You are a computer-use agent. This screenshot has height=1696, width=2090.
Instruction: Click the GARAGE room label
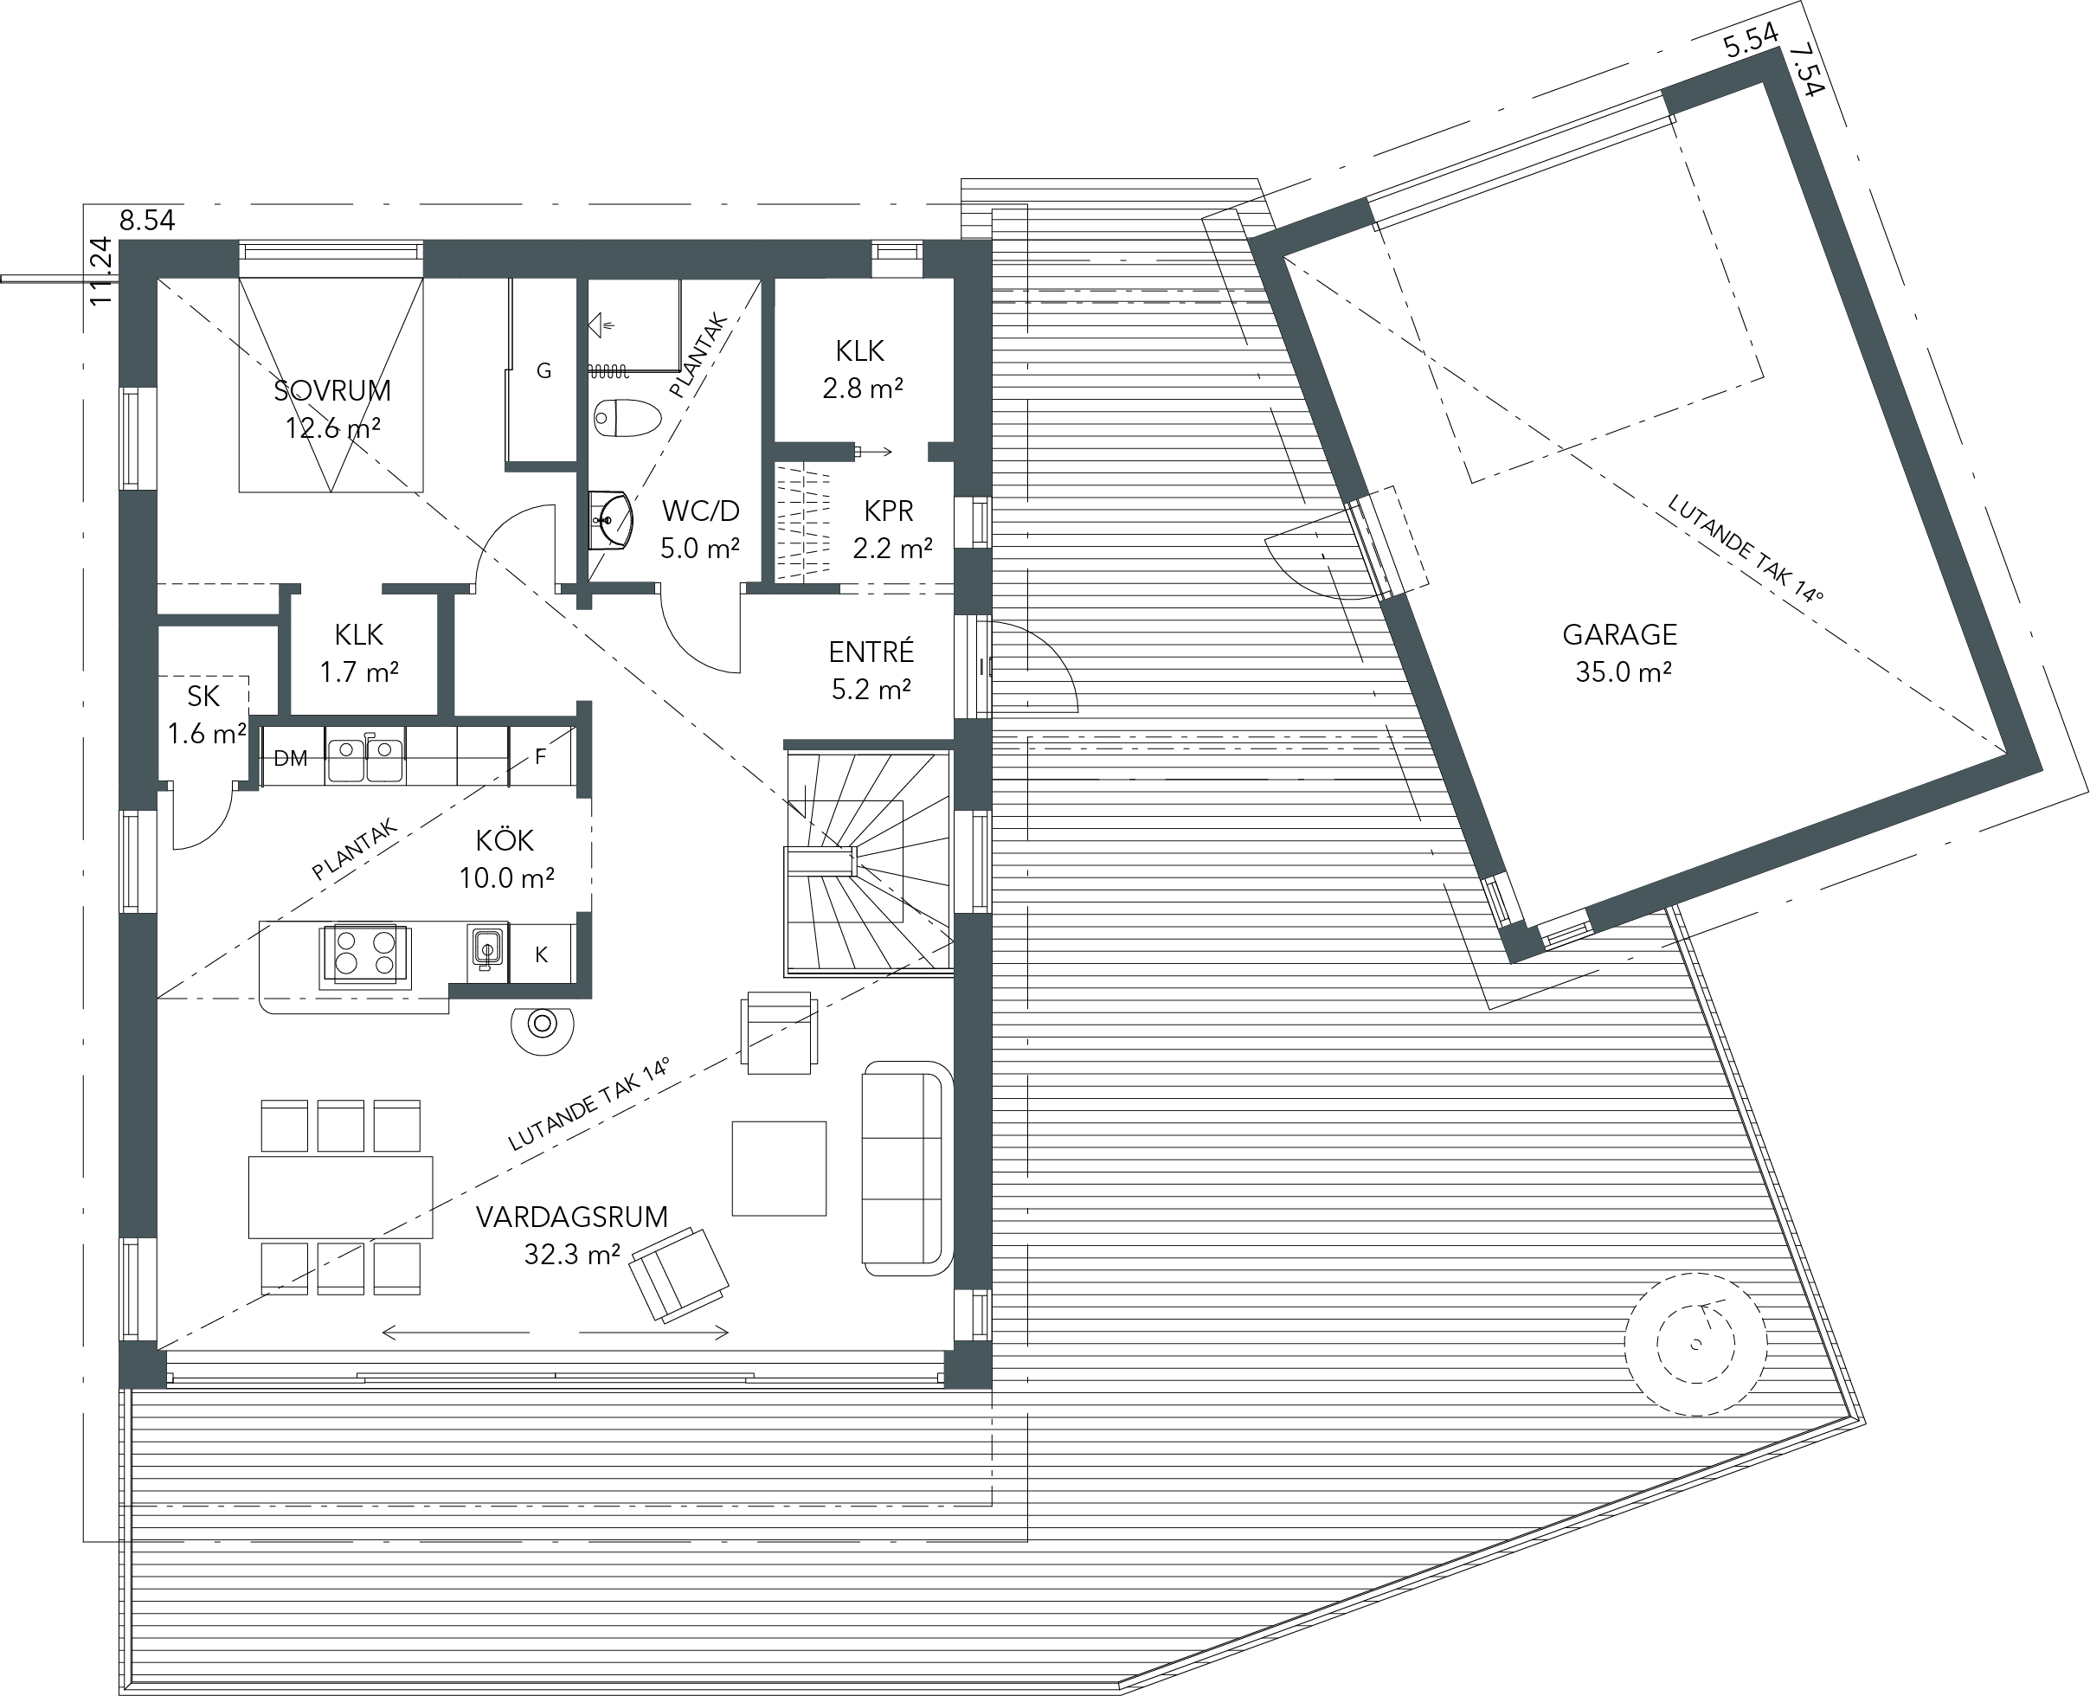click(x=1619, y=635)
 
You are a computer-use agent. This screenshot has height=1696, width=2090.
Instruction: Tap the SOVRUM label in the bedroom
click(x=332, y=391)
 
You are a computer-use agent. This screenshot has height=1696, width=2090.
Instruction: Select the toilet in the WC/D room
click(x=627, y=418)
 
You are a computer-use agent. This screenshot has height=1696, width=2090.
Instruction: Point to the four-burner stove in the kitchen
click(x=365, y=954)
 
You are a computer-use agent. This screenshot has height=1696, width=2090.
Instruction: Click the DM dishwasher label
click(x=290, y=759)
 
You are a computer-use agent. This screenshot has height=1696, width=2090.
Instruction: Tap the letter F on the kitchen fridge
click(x=540, y=756)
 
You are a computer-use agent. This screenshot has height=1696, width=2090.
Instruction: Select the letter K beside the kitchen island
click(x=541, y=955)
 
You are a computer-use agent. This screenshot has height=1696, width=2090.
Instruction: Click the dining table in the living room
click(x=340, y=1197)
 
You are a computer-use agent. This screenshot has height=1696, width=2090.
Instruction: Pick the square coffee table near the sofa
click(x=779, y=1168)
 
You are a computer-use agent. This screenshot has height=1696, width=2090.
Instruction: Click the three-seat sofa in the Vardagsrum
click(x=907, y=1167)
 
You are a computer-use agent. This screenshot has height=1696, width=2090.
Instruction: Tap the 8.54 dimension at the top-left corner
click(x=147, y=221)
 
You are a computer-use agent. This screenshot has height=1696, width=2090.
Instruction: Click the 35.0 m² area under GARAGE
click(x=1623, y=672)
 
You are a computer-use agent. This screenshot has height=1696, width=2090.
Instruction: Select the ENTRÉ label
click(x=871, y=652)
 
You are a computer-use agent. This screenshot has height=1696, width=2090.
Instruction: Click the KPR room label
click(x=888, y=511)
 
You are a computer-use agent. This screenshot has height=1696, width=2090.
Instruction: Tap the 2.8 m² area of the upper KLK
click(x=862, y=389)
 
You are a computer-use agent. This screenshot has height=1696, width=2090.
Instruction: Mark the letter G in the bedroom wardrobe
click(x=544, y=370)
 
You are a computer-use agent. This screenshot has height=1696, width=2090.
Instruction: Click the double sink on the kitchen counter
click(x=365, y=758)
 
